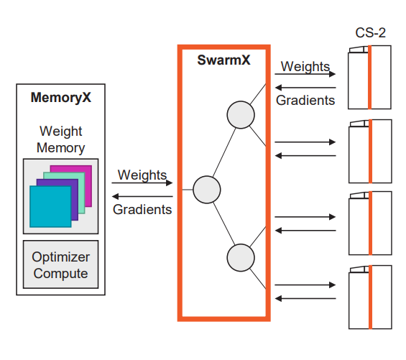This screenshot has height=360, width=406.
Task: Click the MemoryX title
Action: (61, 98)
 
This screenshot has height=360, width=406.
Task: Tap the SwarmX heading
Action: (223, 60)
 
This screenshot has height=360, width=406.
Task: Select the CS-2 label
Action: (370, 33)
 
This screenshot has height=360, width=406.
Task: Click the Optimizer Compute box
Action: (61, 264)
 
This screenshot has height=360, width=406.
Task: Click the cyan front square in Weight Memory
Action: (50, 206)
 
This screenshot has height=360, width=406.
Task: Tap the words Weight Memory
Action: (61, 139)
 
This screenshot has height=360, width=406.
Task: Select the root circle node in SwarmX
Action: (207, 190)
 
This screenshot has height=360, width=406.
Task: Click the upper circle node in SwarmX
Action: (241, 115)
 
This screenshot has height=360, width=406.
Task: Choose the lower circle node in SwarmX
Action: (241, 258)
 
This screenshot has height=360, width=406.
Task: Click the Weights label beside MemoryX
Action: (142, 175)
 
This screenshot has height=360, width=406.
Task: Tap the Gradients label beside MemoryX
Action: (142, 209)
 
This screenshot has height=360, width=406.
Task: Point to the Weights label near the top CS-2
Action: (305, 67)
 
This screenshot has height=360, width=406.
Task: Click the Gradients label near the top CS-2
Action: (305, 100)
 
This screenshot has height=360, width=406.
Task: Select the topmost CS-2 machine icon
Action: (369, 77)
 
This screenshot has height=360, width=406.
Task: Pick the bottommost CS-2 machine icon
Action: (370, 297)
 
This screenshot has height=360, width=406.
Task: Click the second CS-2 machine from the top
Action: (370, 151)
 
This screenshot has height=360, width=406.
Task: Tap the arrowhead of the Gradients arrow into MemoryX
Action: (115, 197)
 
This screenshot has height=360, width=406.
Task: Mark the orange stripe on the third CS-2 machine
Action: (370, 223)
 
